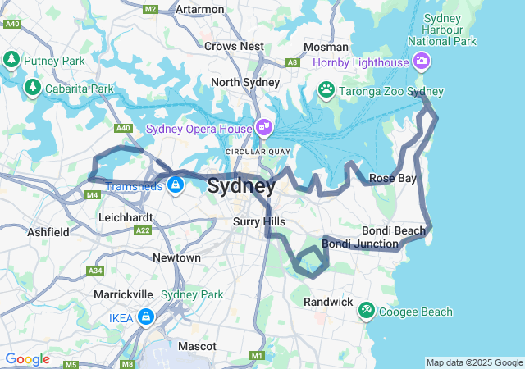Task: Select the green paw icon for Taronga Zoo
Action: [x=326, y=89]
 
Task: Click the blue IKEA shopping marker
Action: [x=145, y=316]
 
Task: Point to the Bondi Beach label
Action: [x=394, y=230]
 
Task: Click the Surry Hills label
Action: [x=259, y=221]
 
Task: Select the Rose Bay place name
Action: [x=392, y=178]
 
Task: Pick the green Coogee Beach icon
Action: [x=366, y=309]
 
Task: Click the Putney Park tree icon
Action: [x=11, y=60]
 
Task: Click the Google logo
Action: [x=27, y=359]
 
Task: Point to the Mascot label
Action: [x=197, y=346]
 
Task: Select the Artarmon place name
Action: [x=200, y=9]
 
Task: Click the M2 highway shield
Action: [x=150, y=9]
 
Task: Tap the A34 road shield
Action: [x=96, y=271]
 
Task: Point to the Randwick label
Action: [x=328, y=302]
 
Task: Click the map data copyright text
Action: [x=473, y=362]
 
